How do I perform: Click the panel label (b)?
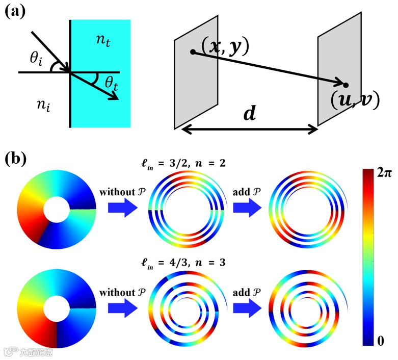click(x=16, y=160)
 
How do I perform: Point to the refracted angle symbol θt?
click(x=110, y=81)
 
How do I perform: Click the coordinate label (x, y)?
click(x=224, y=46)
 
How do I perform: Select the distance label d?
click(x=249, y=114)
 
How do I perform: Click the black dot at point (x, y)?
click(x=192, y=52)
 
